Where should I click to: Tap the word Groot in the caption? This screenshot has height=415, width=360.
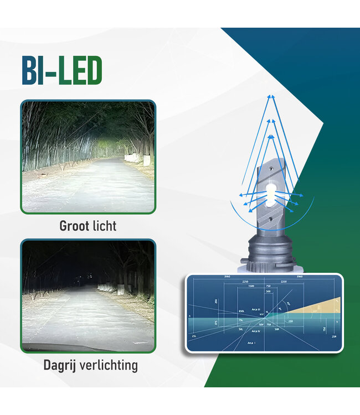click(74, 226)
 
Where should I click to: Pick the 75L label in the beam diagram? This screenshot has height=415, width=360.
click(240, 320)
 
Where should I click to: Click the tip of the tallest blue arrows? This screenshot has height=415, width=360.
click(271, 96)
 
